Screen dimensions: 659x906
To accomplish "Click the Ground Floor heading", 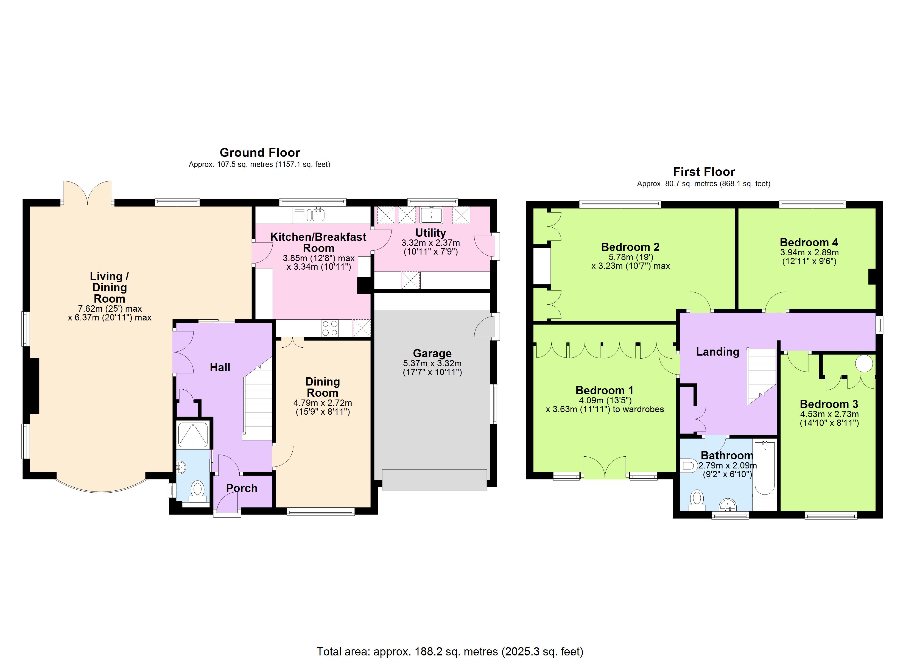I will (x=260, y=153).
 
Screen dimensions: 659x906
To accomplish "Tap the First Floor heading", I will (x=703, y=172).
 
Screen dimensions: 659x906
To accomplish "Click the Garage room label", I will (x=432, y=353).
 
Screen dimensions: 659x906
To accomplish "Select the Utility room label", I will (x=430, y=233).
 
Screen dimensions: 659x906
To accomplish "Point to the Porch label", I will (x=242, y=488).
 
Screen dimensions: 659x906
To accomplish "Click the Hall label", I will (x=220, y=367).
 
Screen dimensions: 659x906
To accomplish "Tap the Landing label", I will (x=717, y=352).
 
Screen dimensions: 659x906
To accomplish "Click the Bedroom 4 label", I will (x=809, y=242).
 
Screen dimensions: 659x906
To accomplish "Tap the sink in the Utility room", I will (x=431, y=215).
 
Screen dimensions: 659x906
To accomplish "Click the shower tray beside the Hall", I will (x=193, y=434).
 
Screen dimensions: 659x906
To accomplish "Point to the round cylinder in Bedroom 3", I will (x=864, y=364).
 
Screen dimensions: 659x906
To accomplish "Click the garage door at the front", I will (x=434, y=480).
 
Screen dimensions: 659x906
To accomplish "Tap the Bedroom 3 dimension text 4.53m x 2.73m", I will (x=829, y=414).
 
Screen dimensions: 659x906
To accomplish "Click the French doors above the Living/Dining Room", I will (x=88, y=193).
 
